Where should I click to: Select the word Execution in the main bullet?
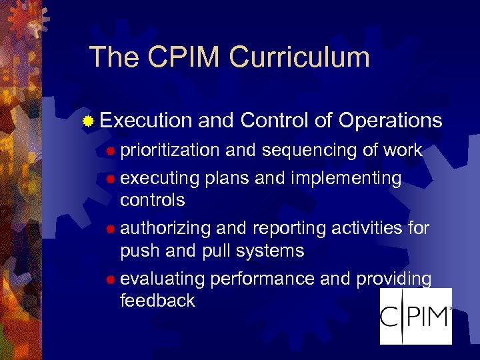pos(146,121)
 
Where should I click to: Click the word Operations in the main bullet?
pos(390,121)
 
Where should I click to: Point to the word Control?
pos(274,121)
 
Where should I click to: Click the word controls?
pos(152,200)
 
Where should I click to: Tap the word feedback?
pos(157,301)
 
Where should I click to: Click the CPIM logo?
pos(415,316)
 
